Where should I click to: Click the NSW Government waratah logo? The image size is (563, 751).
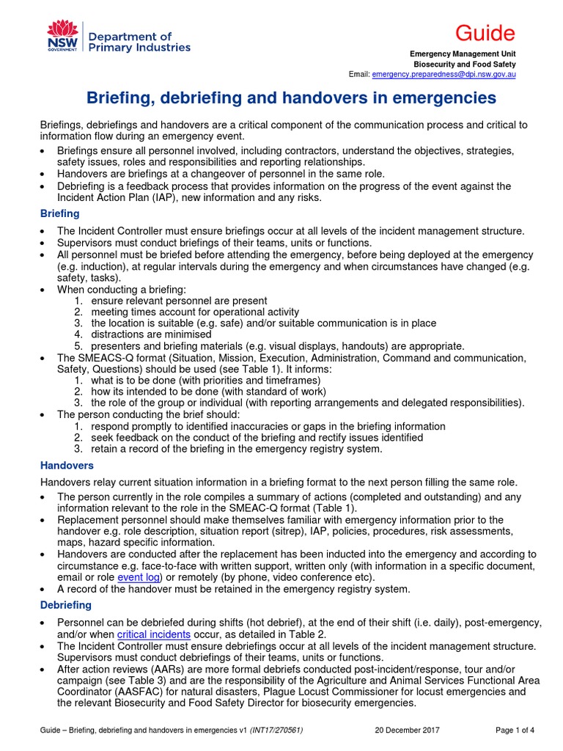click(x=62, y=37)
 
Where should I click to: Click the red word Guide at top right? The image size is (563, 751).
click(x=485, y=33)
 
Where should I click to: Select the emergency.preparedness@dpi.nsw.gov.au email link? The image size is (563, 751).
click(x=444, y=75)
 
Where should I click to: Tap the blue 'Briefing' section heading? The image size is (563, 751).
click(x=59, y=213)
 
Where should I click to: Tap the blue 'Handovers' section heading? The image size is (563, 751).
click(x=67, y=466)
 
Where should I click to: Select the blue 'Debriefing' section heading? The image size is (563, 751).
click(x=65, y=605)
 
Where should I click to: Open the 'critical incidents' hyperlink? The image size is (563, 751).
click(x=154, y=634)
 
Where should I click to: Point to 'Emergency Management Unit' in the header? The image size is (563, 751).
click(x=462, y=54)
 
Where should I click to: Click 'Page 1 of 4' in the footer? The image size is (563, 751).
click(x=515, y=730)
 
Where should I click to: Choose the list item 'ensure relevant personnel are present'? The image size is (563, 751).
click(x=179, y=301)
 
